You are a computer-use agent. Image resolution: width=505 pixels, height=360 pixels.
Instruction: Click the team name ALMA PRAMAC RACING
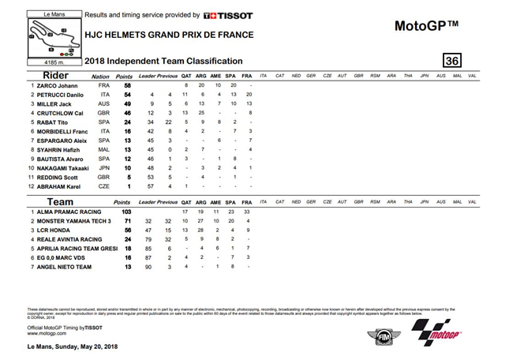pyautogui.click(x=65, y=212)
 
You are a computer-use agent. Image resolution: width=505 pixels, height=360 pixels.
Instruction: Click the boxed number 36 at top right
pyautogui.click(x=452, y=61)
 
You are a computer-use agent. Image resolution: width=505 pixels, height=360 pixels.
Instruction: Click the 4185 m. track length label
pyautogui.click(x=39, y=61)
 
